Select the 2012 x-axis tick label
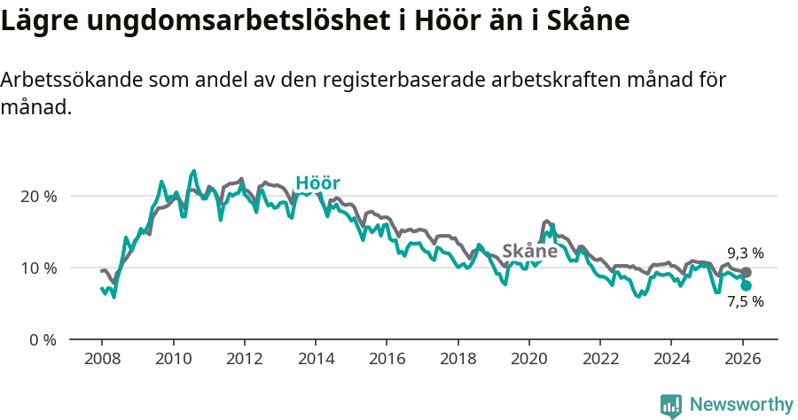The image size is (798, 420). [244, 361]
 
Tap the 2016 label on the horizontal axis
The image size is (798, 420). [386, 361]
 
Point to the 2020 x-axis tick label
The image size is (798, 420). [528, 361]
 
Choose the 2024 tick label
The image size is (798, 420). [670, 361]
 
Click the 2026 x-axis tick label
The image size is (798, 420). [742, 361]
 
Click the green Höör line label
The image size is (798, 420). [317, 183]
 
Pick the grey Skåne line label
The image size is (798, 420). [529, 251]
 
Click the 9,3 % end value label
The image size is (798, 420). [745, 253]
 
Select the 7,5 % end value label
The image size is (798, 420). [745, 301]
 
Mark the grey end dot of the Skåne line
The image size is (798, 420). [746, 273]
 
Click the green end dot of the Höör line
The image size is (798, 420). [746, 285]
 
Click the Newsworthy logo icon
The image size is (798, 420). [671, 405]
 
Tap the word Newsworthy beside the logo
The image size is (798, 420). [740, 405]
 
